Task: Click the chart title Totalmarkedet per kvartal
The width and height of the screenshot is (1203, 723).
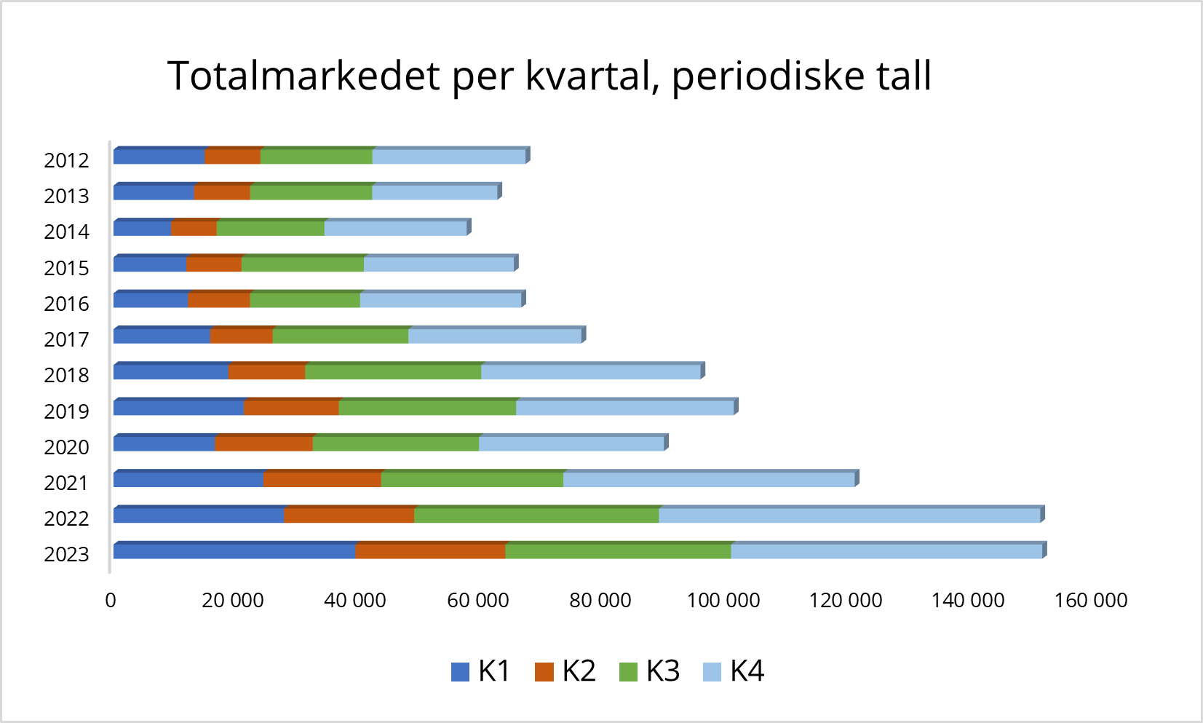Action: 549,76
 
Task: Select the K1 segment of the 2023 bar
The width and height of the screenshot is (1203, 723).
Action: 234,551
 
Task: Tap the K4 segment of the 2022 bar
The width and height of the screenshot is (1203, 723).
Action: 849,515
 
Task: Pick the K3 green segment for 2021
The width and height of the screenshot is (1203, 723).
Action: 472,480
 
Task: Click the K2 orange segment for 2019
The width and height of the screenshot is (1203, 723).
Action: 292,408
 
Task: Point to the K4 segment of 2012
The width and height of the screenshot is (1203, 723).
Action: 449,157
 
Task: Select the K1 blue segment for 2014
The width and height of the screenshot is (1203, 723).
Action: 143,228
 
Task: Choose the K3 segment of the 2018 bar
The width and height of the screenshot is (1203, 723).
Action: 393,372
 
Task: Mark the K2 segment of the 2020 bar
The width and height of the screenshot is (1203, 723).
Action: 264,443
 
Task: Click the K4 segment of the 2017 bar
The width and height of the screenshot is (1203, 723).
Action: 495,336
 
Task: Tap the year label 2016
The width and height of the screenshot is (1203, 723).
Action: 66,304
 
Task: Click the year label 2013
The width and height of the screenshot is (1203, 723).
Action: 66,196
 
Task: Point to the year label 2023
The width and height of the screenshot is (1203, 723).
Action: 66,554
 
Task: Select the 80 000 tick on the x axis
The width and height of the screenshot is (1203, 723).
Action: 600,600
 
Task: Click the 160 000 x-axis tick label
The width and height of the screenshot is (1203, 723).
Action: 1090,600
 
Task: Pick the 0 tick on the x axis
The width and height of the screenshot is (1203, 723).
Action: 111,600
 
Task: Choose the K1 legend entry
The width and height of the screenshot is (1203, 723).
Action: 480,671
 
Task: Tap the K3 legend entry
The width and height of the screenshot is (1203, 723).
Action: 649,671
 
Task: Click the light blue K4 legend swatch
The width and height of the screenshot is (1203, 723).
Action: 712,671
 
